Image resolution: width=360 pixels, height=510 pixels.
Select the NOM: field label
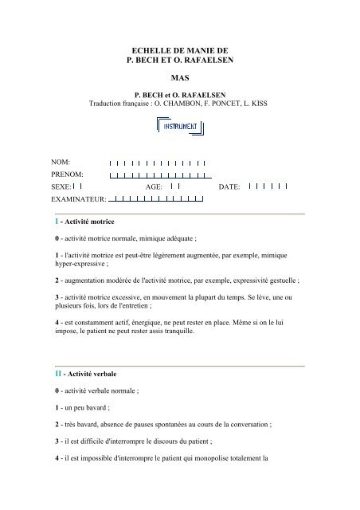coord(61,162)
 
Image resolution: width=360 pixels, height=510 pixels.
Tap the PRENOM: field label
coord(68,174)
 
